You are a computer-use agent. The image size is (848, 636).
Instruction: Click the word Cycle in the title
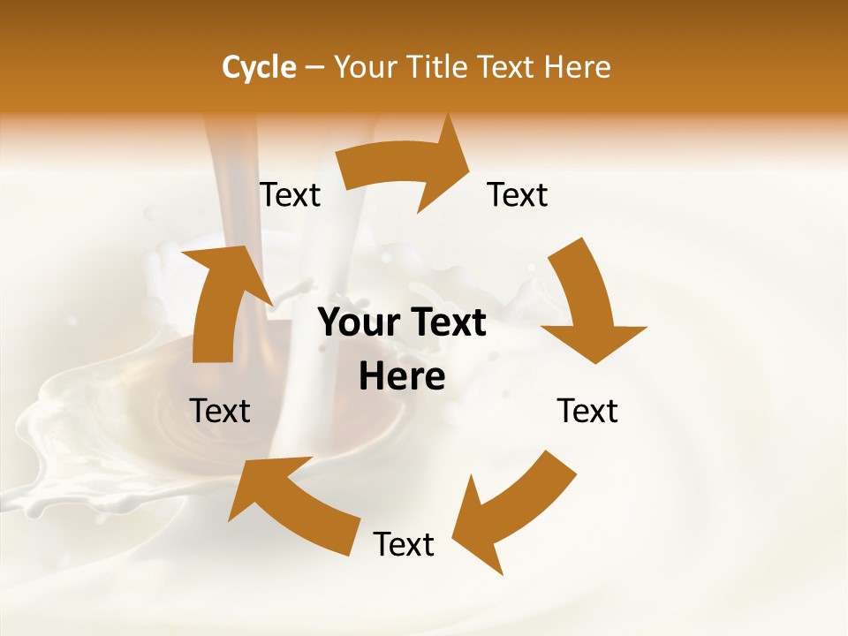pyautogui.click(x=259, y=67)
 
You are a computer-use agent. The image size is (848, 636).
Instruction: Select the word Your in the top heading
pyautogui.click(x=366, y=67)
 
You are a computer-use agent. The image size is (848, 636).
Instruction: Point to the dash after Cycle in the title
pyautogui.click(x=314, y=68)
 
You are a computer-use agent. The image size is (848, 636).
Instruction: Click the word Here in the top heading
pyautogui.click(x=578, y=67)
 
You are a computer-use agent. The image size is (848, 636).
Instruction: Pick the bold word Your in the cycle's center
pyautogui.click(x=353, y=323)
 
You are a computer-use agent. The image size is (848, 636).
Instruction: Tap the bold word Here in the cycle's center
pyautogui.click(x=402, y=377)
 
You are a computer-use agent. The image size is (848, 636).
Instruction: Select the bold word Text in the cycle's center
pyautogui.click(x=446, y=323)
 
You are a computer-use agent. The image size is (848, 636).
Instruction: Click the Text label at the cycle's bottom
pyautogui.click(x=404, y=545)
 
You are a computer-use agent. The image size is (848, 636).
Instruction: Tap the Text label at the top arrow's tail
pyautogui.click(x=290, y=195)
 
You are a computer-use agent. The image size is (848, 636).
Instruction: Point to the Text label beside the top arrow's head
pyautogui.click(x=518, y=195)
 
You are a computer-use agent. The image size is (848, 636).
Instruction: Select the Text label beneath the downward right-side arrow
pyautogui.click(x=587, y=412)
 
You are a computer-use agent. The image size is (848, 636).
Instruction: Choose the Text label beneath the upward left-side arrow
pyautogui.click(x=220, y=412)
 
